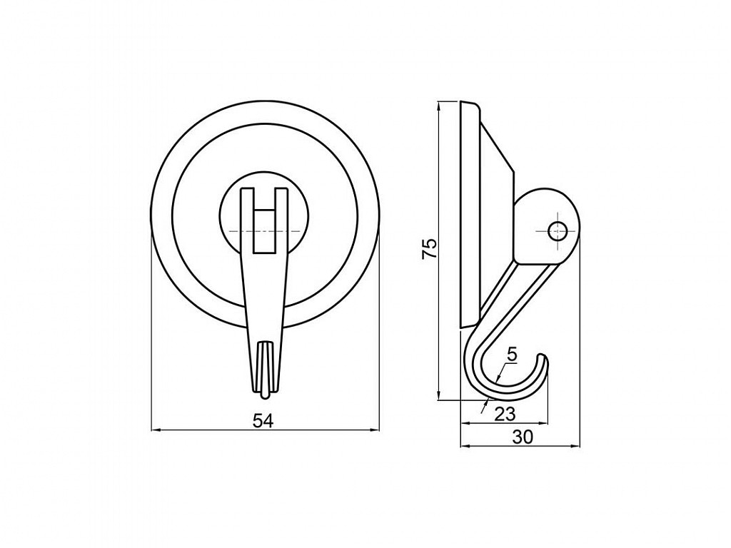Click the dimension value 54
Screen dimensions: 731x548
263,421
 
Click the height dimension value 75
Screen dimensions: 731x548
429,248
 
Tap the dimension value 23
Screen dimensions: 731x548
505,413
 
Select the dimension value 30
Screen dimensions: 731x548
523,437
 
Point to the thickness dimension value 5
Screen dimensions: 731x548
512,355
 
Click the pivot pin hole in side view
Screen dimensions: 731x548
558,230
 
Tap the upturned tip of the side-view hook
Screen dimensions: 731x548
543,358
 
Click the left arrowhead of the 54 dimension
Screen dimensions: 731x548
156,430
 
